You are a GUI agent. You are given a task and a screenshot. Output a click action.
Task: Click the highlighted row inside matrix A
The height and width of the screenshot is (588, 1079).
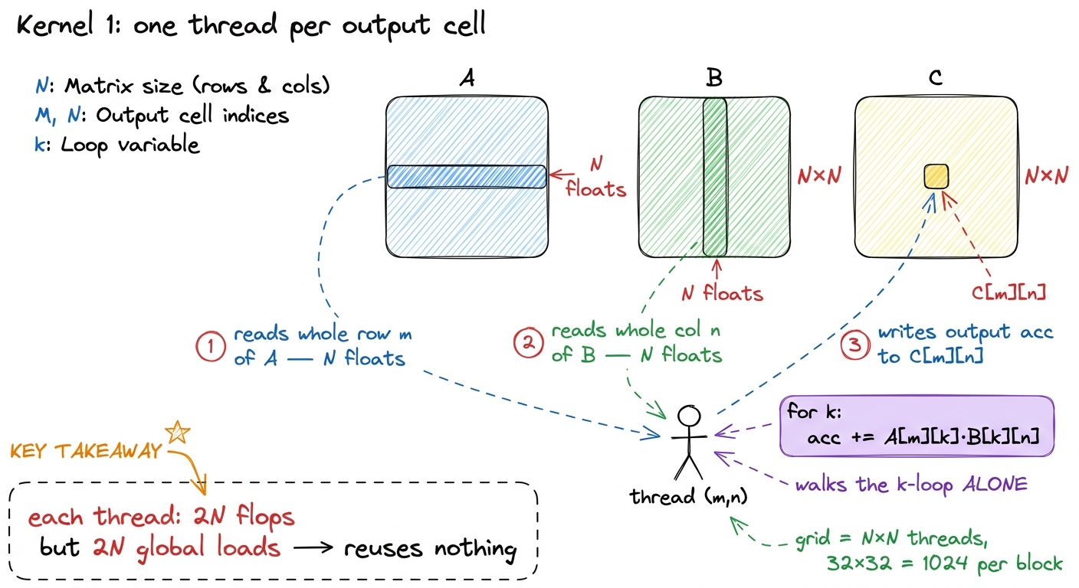(x=467, y=177)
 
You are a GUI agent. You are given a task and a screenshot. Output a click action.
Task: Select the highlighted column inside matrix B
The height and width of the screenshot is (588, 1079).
(x=714, y=177)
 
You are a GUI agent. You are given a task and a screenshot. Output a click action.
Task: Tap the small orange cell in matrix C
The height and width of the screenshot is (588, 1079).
(x=936, y=176)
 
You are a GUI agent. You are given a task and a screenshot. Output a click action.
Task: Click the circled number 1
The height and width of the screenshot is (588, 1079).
(x=211, y=347)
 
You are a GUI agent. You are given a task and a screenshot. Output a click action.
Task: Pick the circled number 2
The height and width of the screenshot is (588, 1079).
(x=529, y=343)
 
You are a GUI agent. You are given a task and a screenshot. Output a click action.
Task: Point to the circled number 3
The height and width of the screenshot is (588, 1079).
(x=855, y=345)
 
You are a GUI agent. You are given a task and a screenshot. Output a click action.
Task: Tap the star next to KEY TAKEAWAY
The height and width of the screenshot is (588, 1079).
(x=177, y=432)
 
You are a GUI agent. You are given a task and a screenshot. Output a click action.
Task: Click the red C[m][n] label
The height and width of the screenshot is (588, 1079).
(x=1008, y=292)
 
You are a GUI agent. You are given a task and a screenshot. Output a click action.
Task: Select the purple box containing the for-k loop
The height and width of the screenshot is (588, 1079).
(x=917, y=426)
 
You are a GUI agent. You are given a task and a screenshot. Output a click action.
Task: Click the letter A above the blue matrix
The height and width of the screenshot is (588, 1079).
(x=467, y=77)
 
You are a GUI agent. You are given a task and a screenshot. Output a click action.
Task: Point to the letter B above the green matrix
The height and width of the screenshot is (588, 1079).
(x=714, y=77)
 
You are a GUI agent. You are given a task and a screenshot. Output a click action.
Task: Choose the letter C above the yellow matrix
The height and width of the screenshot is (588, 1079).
(x=936, y=77)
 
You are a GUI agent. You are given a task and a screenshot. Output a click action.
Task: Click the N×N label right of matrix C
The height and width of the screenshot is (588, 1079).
(x=1046, y=175)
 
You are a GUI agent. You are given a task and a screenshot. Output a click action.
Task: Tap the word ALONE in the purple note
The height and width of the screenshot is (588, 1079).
(x=995, y=484)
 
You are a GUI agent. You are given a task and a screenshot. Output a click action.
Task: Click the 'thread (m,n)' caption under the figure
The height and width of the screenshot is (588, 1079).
(x=688, y=496)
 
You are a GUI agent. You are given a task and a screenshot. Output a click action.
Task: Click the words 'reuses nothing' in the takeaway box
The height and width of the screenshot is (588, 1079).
(x=430, y=548)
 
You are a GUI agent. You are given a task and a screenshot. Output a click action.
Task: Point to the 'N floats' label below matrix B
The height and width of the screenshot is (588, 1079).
(x=722, y=293)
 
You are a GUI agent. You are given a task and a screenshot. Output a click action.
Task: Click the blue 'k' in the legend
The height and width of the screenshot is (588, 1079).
(x=39, y=145)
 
